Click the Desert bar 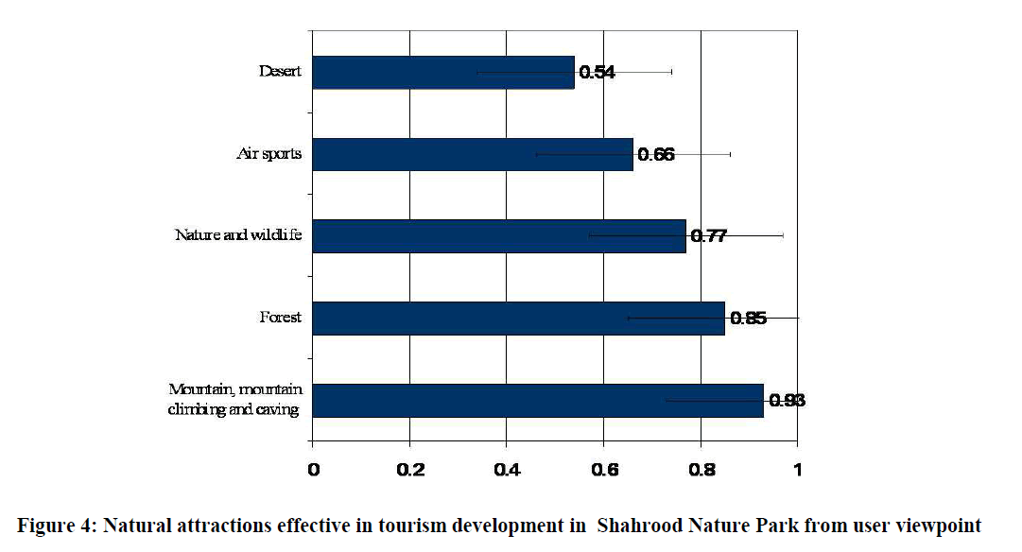pos(442,73)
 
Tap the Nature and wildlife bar pos(498,236)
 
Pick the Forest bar pos(518,319)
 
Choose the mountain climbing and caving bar pos(537,400)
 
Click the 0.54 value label pos(598,73)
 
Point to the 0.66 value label pos(656,155)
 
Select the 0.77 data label pos(709,236)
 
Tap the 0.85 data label pos(748,319)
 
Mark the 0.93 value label pos(787,401)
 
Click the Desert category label pos(281,71)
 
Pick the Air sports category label pos(269,153)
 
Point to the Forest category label pos(281,318)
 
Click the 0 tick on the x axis pos(313,469)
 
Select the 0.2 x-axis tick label pos(409,469)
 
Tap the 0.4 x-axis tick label pos(507,469)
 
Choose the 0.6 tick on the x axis pos(603,469)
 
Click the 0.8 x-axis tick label pos(701,469)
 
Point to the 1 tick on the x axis pos(797,469)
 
